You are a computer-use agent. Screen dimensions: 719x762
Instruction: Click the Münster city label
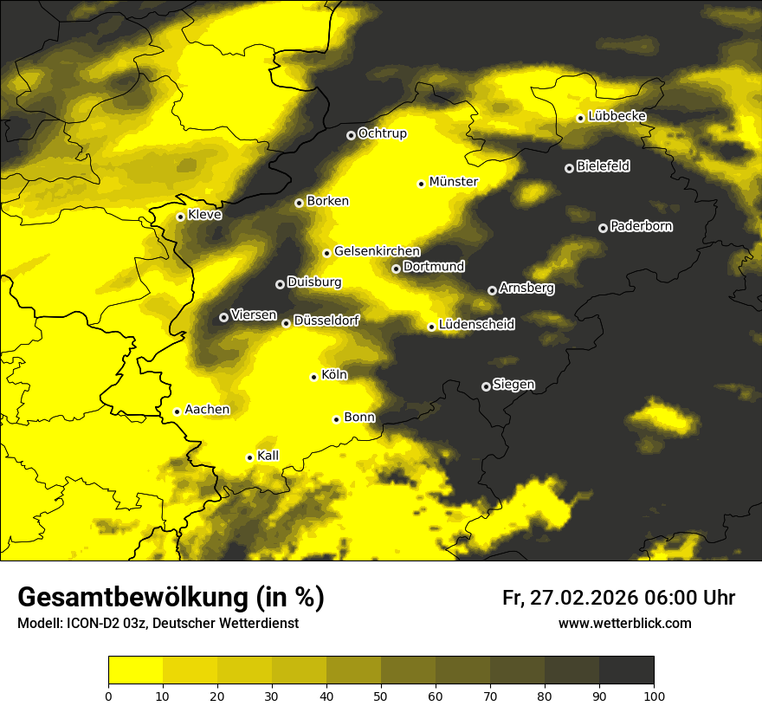453,182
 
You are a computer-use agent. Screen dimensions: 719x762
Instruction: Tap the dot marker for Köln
314,377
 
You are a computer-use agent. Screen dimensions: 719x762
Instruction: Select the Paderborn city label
641,226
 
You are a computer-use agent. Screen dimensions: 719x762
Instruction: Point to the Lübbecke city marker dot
580,118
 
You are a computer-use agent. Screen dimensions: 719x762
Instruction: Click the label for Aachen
207,409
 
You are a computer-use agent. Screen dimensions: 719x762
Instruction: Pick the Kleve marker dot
180,217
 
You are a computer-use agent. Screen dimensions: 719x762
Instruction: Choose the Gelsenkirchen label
377,251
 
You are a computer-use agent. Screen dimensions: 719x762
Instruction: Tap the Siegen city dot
486,386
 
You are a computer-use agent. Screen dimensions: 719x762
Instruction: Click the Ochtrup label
382,133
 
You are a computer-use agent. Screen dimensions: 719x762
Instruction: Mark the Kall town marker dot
249,457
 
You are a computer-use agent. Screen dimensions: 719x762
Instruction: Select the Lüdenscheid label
476,325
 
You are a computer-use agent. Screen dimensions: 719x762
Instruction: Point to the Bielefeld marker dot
569,168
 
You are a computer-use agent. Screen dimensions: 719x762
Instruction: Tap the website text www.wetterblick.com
624,623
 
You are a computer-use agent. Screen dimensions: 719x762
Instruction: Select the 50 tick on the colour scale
381,695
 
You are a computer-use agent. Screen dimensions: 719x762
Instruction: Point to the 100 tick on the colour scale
654,695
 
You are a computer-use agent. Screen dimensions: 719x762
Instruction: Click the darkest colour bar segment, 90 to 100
626,670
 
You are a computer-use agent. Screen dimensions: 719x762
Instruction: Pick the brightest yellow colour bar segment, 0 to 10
135,670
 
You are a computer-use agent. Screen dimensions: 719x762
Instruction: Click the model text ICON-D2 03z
104,624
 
